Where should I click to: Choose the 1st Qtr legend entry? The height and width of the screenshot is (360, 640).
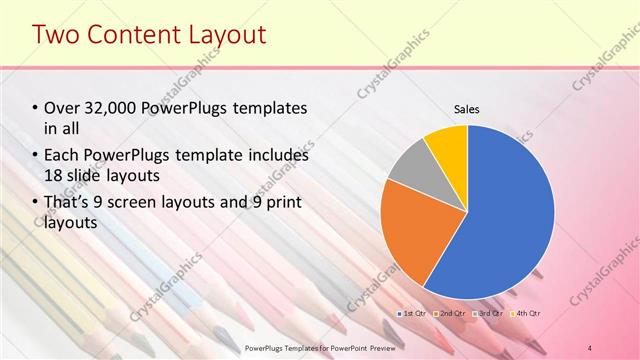[415, 314]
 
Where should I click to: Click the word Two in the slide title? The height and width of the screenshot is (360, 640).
[58, 36]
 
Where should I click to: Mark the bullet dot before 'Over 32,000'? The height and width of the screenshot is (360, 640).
[35, 108]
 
